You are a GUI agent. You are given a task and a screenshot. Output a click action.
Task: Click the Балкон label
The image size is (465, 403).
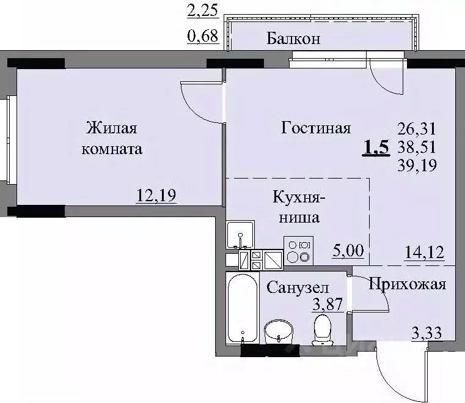[293, 40]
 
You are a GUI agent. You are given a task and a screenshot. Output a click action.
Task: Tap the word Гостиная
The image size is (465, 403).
[316, 128]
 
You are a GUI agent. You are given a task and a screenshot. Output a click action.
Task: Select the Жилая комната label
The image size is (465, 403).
[114, 138]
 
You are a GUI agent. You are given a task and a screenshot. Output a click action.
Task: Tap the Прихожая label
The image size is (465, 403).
[406, 284]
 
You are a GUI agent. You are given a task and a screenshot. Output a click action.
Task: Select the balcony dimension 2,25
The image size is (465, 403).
[204, 10]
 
